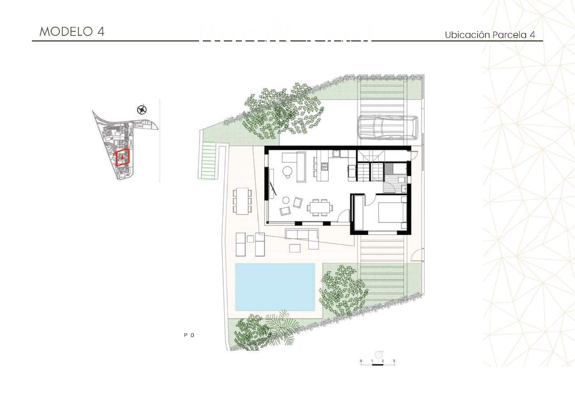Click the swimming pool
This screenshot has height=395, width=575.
(x=275, y=287)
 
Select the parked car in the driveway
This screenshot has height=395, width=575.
(x=387, y=127)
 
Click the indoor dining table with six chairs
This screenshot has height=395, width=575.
(x=319, y=207)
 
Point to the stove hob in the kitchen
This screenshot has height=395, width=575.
(x=325, y=166)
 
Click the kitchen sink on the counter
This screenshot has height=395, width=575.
(x=337, y=154)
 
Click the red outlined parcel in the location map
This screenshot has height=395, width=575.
(x=122, y=157)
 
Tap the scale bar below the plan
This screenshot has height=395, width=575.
(x=377, y=364)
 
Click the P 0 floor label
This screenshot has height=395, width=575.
(x=189, y=335)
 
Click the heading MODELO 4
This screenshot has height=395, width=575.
(x=72, y=32)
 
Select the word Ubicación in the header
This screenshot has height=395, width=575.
(x=467, y=35)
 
